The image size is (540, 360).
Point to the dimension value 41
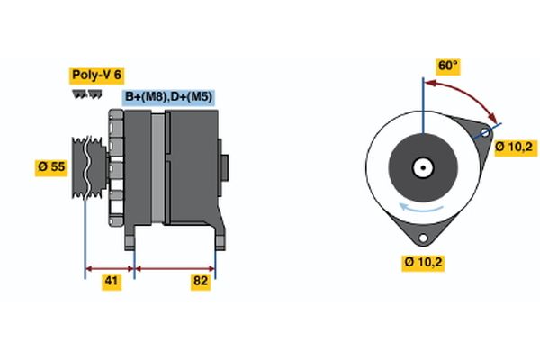[x=111, y=282]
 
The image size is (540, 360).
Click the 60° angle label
[x=447, y=66]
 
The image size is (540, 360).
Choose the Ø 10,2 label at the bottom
[x=422, y=262]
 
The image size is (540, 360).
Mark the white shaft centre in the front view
[x=421, y=167]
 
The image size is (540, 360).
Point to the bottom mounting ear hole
[x=421, y=236]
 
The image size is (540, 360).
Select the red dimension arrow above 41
[x=110, y=267]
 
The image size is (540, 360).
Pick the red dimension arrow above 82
[x=175, y=267]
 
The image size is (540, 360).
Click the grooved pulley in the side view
[x=86, y=166]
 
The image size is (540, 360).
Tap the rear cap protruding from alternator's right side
[x=225, y=168]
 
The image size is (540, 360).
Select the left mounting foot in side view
[x=130, y=236]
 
